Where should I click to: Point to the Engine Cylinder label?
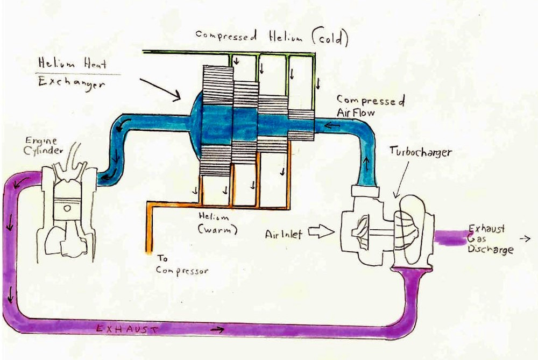point(43,145)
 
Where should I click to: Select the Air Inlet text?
point(284,234)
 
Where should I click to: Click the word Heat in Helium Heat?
point(96,64)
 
